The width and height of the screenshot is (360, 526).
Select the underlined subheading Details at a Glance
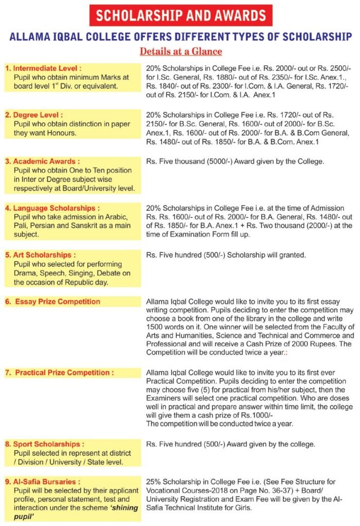point(181,51)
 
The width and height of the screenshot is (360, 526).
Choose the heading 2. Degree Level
point(36,115)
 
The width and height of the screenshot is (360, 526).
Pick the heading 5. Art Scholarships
point(41,255)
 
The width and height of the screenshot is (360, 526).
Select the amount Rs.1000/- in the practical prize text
point(263,415)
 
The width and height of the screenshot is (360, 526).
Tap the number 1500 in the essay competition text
point(156,327)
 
